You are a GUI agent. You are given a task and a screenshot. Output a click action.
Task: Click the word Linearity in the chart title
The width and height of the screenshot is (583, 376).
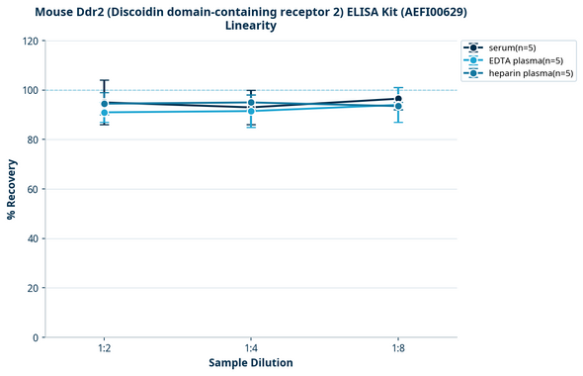[251, 26]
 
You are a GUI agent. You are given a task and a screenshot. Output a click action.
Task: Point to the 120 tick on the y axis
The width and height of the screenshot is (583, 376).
[30, 41]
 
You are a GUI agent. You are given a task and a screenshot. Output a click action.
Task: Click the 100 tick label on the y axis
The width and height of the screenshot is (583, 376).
[30, 90]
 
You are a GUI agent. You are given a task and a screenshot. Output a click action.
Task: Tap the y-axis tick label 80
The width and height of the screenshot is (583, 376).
[33, 140]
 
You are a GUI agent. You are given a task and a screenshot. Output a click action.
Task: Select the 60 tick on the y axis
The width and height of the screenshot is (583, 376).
[33, 189]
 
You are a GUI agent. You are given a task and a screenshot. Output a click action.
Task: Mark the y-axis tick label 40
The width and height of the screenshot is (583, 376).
[33, 238]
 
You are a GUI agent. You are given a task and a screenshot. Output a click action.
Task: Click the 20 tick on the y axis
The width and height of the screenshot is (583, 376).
[33, 288]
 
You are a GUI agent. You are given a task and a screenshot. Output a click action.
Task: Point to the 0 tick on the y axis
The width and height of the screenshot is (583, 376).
[36, 337]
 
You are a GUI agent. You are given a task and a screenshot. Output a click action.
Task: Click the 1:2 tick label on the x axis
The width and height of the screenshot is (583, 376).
[104, 349]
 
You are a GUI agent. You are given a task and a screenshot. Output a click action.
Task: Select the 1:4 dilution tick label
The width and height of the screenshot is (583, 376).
[251, 349]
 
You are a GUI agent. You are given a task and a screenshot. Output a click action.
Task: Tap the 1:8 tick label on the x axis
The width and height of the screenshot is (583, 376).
[398, 349]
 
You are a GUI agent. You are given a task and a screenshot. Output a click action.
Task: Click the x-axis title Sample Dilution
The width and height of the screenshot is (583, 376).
[251, 363]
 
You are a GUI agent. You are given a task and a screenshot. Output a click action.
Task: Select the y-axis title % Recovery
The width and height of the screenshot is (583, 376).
[12, 188]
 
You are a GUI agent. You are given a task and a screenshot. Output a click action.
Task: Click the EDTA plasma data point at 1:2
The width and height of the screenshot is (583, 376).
[104, 113]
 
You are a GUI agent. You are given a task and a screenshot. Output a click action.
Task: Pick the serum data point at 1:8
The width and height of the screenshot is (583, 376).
[398, 99]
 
